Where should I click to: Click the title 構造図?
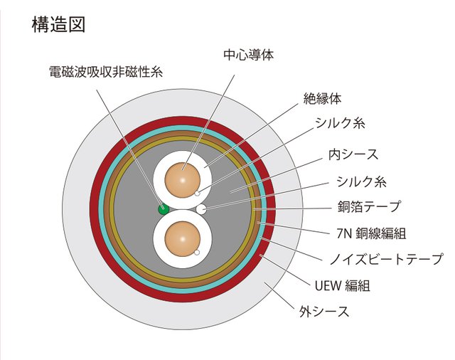[x=59, y=24]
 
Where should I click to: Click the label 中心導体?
[x=248, y=54]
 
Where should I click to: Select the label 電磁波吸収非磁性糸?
[x=106, y=71]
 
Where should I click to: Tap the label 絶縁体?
[x=322, y=98]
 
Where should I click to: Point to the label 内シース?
[x=353, y=154]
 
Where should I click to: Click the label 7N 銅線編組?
[x=370, y=233]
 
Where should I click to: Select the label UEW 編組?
[x=342, y=286]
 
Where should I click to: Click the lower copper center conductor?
[x=181, y=240]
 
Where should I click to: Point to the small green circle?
[x=164, y=208]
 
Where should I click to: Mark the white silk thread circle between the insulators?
[x=201, y=208]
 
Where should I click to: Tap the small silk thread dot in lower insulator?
[x=197, y=253]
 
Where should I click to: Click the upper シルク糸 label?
[x=341, y=124]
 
